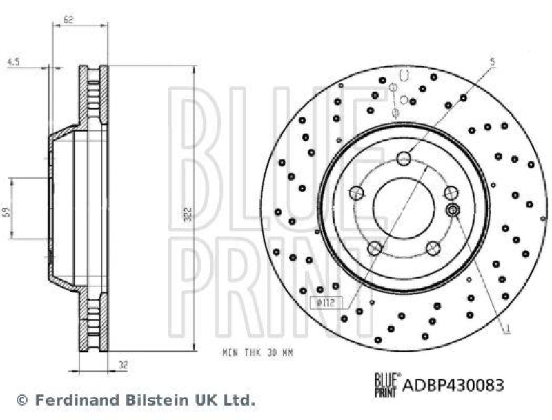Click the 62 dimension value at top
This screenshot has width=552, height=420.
[x=68, y=21]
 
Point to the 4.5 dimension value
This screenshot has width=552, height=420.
[x=12, y=61]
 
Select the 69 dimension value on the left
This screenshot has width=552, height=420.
[x=8, y=208]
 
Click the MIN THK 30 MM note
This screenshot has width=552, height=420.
[x=258, y=352]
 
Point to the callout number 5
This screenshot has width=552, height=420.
[x=492, y=61]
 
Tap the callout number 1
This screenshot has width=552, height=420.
[x=508, y=330]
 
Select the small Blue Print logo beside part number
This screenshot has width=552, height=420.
[x=386, y=383]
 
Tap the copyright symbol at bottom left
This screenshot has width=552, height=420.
[x=22, y=400]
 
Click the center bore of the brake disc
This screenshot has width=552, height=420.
[x=404, y=208]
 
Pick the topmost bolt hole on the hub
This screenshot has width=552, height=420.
[x=404, y=159]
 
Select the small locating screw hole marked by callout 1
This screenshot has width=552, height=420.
[x=453, y=210]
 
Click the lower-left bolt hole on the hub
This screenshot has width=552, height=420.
[x=375, y=248]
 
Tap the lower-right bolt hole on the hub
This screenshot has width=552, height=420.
[x=433, y=248]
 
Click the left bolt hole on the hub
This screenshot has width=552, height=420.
[x=356, y=192]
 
